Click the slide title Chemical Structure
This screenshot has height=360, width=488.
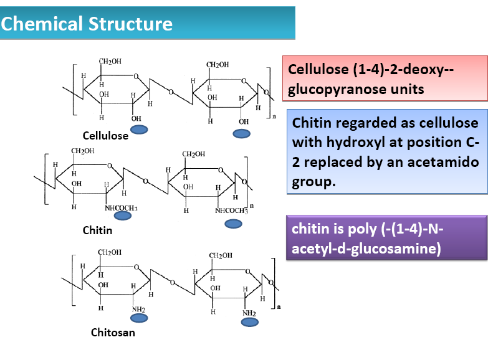click(x=87, y=24)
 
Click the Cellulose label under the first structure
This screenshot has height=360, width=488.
click(x=105, y=135)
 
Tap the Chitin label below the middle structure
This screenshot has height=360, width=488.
click(x=97, y=230)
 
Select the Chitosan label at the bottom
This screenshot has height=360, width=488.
click(x=113, y=332)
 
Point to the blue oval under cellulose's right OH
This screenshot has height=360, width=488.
click(x=240, y=133)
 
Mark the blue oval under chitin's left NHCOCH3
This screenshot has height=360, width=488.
click(x=123, y=216)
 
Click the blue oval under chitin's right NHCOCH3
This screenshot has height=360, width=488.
click(x=233, y=224)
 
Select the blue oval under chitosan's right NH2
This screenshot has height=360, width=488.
click(x=249, y=323)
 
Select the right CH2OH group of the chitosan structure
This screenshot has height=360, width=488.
click(x=221, y=256)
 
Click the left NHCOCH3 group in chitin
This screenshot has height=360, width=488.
click(x=121, y=207)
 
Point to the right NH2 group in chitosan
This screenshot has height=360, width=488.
click(x=249, y=313)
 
